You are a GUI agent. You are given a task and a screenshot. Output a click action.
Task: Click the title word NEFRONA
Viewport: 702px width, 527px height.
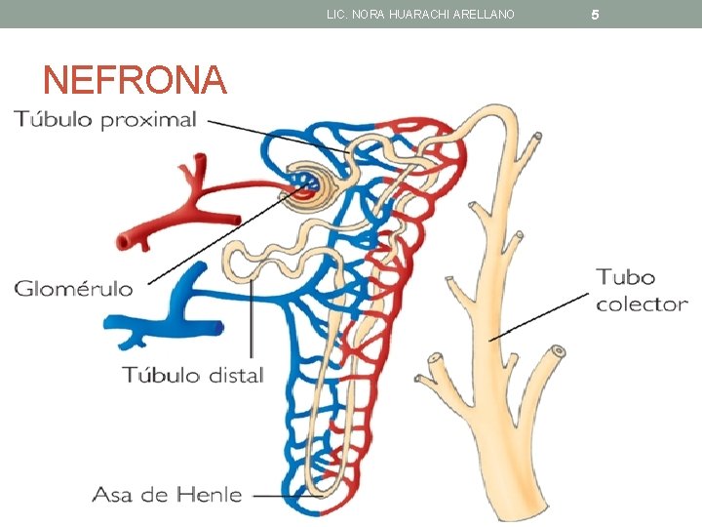136,80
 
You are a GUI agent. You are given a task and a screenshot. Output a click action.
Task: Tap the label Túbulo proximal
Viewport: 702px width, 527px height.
105,120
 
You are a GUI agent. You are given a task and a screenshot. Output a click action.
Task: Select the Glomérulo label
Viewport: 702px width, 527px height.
74,288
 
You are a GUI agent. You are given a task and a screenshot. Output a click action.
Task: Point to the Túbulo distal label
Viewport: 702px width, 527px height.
193,375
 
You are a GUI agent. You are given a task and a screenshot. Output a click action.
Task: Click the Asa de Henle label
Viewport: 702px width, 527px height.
167,495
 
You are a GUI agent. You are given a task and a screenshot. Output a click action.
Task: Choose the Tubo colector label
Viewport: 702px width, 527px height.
642,291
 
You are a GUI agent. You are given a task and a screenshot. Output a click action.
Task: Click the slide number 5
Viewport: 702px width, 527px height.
596,15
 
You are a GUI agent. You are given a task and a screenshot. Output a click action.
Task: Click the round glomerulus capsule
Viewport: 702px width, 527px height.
305,182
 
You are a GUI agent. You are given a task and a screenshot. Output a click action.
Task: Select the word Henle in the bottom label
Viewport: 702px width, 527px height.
212,495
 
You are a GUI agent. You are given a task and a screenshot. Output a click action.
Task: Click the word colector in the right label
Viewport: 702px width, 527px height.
642,304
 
